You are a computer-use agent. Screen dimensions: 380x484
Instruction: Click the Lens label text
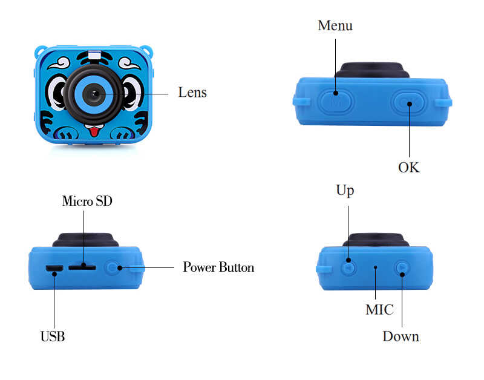pyautogui.click(x=192, y=93)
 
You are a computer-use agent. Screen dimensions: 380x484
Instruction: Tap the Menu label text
pyautogui.click(x=335, y=25)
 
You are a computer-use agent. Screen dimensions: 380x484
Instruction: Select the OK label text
pyautogui.click(x=408, y=167)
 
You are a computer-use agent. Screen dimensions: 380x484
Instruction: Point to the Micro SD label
pyautogui.click(x=87, y=201)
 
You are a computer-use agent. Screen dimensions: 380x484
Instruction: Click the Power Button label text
pyautogui.click(x=218, y=267)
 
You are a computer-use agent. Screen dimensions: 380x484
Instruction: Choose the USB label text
pyautogui.click(x=53, y=336)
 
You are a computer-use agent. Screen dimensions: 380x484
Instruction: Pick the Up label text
pyautogui.click(x=345, y=190)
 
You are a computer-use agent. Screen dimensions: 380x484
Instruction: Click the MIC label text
pyautogui.click(x=379, y=310)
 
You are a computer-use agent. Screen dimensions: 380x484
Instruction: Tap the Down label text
pyautogui.click(x=401, y=336)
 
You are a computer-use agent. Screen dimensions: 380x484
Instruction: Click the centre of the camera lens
pyautogui.click(x=93, y=93)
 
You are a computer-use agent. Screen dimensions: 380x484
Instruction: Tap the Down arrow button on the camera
pyautogui.click(x=402, y=267)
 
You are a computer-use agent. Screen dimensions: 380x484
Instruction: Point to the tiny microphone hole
pyautogui.click(x=375, y=266)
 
